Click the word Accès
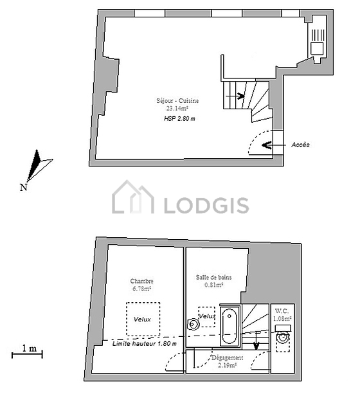tap(300, 145)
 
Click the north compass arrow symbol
tap(38, 165)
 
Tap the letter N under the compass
tap(23, 188)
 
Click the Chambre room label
tap(141, 282)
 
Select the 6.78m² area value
tap(141, 289)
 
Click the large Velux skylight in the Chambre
tap(143, 319)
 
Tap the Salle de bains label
tap(214, 277)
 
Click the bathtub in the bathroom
tap(230, 325)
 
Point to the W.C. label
tap(282, 310)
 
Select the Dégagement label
tap(227, 358)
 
